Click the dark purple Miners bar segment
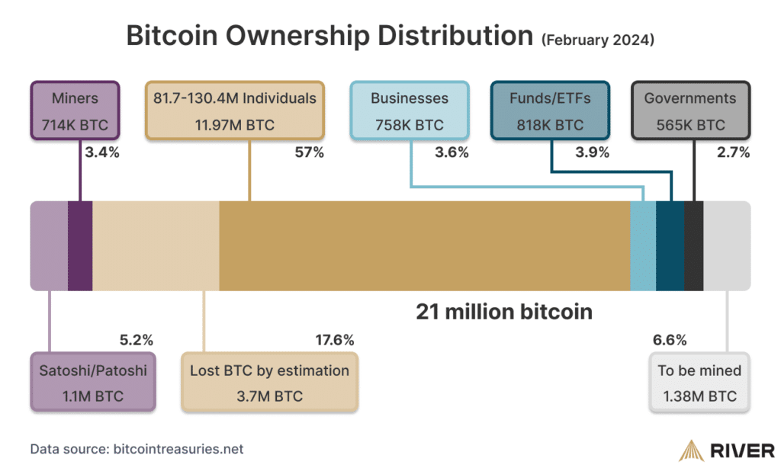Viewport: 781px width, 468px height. click(x=80, y=245)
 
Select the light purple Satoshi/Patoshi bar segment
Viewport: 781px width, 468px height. click(x=49, y=245)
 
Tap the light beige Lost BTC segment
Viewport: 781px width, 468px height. click(x=156, y=245)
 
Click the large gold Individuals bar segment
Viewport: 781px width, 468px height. click(x=424, y=245)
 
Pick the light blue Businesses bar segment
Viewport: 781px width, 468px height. click(x=643, y=245)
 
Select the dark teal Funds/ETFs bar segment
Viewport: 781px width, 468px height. click(x=670, y=245)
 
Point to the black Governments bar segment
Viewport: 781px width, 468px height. click(x=694, y=245)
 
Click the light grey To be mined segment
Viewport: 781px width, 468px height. click(x=726, y=245)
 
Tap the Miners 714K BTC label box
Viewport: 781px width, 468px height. click(x=75, y=111)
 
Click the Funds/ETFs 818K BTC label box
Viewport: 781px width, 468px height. click(x=550, y=111)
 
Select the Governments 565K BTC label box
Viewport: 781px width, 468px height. click(x=690, y=111)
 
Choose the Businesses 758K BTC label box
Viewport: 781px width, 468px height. click(x=410, y=111)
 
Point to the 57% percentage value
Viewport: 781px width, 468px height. click(x=309, y=153)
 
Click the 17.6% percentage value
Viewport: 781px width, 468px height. click(x=334, y=340)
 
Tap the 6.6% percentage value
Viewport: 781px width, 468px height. click(x=670, y=340)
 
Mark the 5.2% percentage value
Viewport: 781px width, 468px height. click(x=137, y=340)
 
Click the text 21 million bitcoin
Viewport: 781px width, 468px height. click(x=503, y=312)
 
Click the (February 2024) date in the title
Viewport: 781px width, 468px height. click(x=597, y=40)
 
